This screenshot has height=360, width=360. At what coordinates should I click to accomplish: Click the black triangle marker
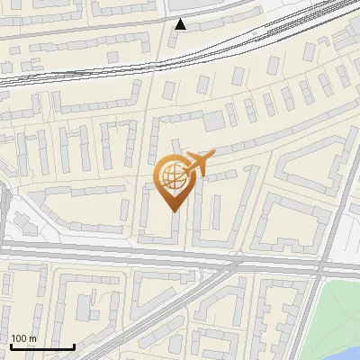181,24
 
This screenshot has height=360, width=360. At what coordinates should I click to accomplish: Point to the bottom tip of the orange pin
173,211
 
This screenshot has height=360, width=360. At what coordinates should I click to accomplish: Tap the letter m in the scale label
32,338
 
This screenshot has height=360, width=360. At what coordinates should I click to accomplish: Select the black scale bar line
42,347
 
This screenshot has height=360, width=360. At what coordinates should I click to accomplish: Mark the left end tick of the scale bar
11,346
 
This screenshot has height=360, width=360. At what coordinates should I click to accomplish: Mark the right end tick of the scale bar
74,346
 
